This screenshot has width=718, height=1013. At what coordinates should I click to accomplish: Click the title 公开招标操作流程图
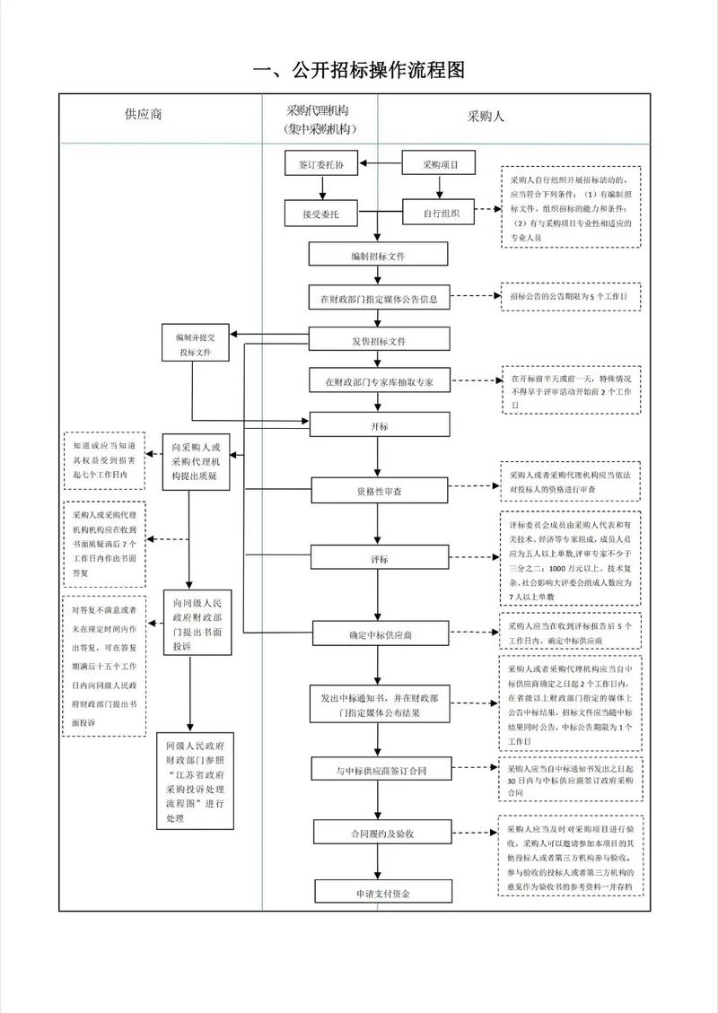tap(359, 70)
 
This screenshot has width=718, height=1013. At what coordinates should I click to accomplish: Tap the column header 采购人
tap(486, 117)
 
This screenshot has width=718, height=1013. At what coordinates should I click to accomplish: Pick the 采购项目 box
tap(437, 163)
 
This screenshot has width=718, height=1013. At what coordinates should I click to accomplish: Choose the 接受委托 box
tap(320, 214)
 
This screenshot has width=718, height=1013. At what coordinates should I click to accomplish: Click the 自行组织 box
tap(437, 214)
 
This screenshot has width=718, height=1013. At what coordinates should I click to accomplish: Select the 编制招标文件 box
tap(378, 256)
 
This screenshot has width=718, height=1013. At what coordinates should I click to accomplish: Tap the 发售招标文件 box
tap(378, 339)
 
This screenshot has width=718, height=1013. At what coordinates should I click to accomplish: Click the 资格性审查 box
tap(378, 491)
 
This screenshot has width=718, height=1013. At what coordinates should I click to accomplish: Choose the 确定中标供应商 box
tap(378, 633)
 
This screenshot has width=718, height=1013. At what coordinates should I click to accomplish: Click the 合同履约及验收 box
tap(378, 833)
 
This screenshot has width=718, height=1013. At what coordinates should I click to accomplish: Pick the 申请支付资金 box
tap(378, 892)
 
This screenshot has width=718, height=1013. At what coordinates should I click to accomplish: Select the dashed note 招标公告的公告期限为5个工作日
tap(570, 295)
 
